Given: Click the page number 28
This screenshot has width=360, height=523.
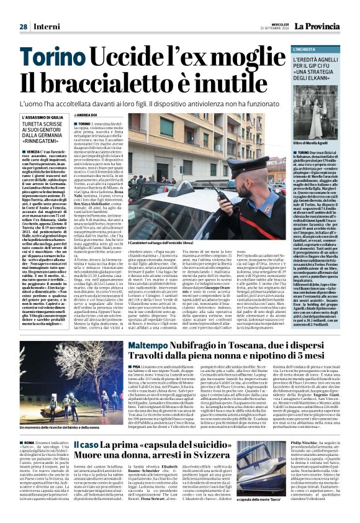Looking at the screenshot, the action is (x=23, y=27).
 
